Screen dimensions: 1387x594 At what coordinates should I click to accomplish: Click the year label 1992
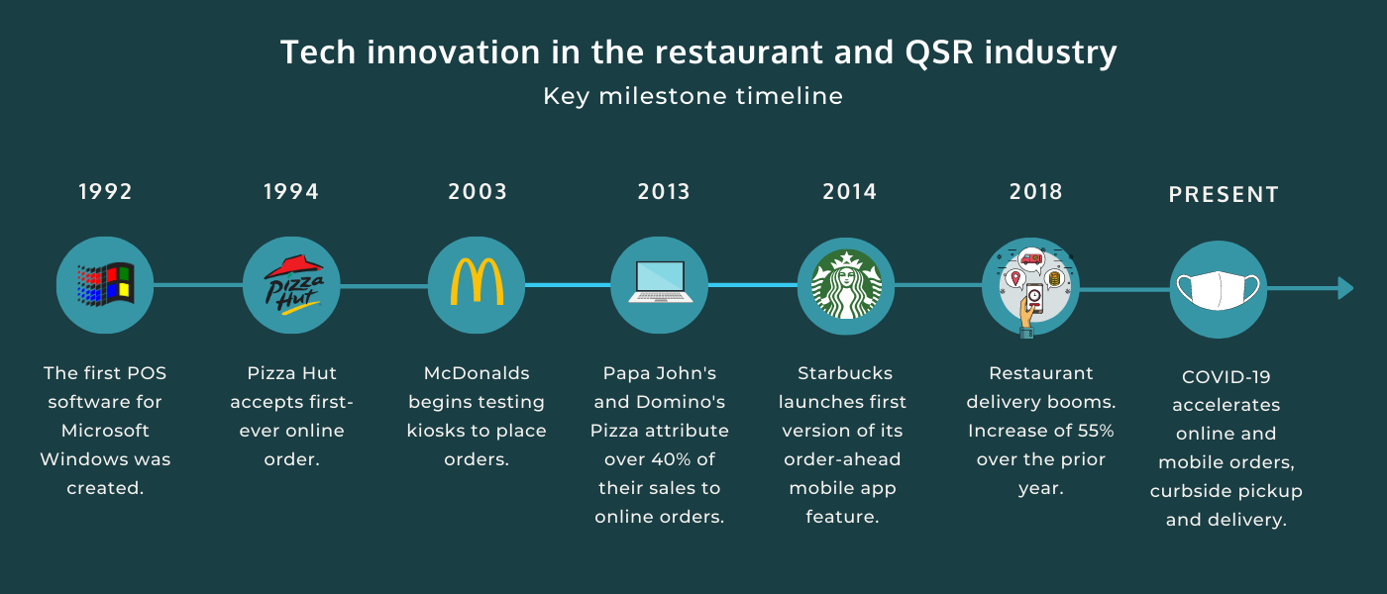click(105, 192)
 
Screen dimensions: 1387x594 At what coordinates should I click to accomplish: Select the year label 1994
click(291, 192)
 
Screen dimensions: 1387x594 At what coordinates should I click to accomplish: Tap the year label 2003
click(478, 192)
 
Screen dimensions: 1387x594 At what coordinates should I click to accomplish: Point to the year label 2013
click(664, 192)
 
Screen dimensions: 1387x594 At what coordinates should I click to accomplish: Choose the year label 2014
click(850, 192)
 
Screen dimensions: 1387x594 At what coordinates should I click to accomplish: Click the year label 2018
click(1036, 192)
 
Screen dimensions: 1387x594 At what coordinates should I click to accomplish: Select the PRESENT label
click(1224, 195)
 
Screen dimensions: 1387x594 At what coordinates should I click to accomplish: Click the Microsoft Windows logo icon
click(105, 285)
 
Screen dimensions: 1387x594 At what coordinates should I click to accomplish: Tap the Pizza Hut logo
click(293, 285)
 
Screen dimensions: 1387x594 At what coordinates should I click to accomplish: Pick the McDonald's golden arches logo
click(477, 281)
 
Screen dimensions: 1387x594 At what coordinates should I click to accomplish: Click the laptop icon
click(660, 282)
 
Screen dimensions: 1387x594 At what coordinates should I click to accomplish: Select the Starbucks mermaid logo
click(846, 285)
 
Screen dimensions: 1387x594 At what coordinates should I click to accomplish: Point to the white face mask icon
click(1218, 289)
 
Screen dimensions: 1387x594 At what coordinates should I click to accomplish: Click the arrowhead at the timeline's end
click(1345, 288)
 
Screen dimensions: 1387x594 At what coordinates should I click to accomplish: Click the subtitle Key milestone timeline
click(693, 97)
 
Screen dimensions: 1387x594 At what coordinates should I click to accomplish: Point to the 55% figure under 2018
click(1096, 431)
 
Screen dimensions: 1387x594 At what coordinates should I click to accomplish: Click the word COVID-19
click(1227, 377)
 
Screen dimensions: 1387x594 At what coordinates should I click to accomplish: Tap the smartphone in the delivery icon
click(1034, 298)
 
